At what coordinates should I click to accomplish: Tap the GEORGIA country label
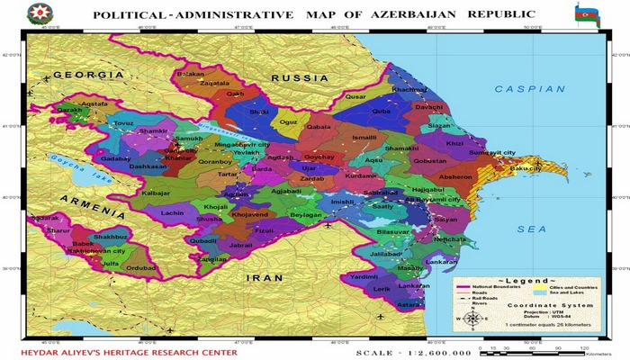(87, 75)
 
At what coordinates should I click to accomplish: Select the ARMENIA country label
(93, 205)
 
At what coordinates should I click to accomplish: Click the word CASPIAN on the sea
(529, 89)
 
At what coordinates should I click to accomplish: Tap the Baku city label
(526, 168)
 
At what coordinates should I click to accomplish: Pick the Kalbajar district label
(157, 193)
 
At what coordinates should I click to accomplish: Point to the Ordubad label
(140, 268)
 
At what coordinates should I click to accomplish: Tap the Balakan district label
(191, 73)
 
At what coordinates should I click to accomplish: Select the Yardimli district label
(364, 277)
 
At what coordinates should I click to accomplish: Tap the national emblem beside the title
(40, 14)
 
